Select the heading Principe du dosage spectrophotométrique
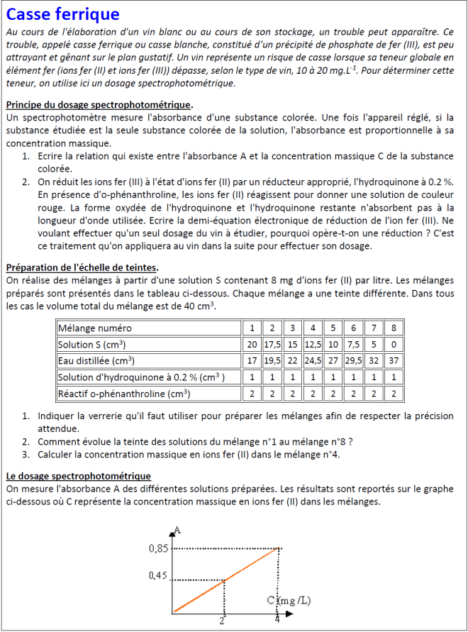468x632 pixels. point(99,106)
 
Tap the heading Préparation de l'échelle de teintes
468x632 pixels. point(82,267)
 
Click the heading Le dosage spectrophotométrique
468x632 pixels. point(78,476)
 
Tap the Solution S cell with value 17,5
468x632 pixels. point(272,345)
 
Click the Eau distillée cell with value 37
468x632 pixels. point(394,361)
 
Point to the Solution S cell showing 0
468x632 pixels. point(394,345)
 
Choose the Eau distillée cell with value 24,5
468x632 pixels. point(312,361)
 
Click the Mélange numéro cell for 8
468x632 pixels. point(394,328)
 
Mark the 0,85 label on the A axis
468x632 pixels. point(158,548)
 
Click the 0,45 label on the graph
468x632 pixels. point(158,575)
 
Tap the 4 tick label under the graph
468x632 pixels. point(277,619)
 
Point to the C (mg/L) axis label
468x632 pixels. point(289,601)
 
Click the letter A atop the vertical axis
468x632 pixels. point(177,529)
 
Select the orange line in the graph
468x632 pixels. point(225,580)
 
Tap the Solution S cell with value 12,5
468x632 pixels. point(312,345)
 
